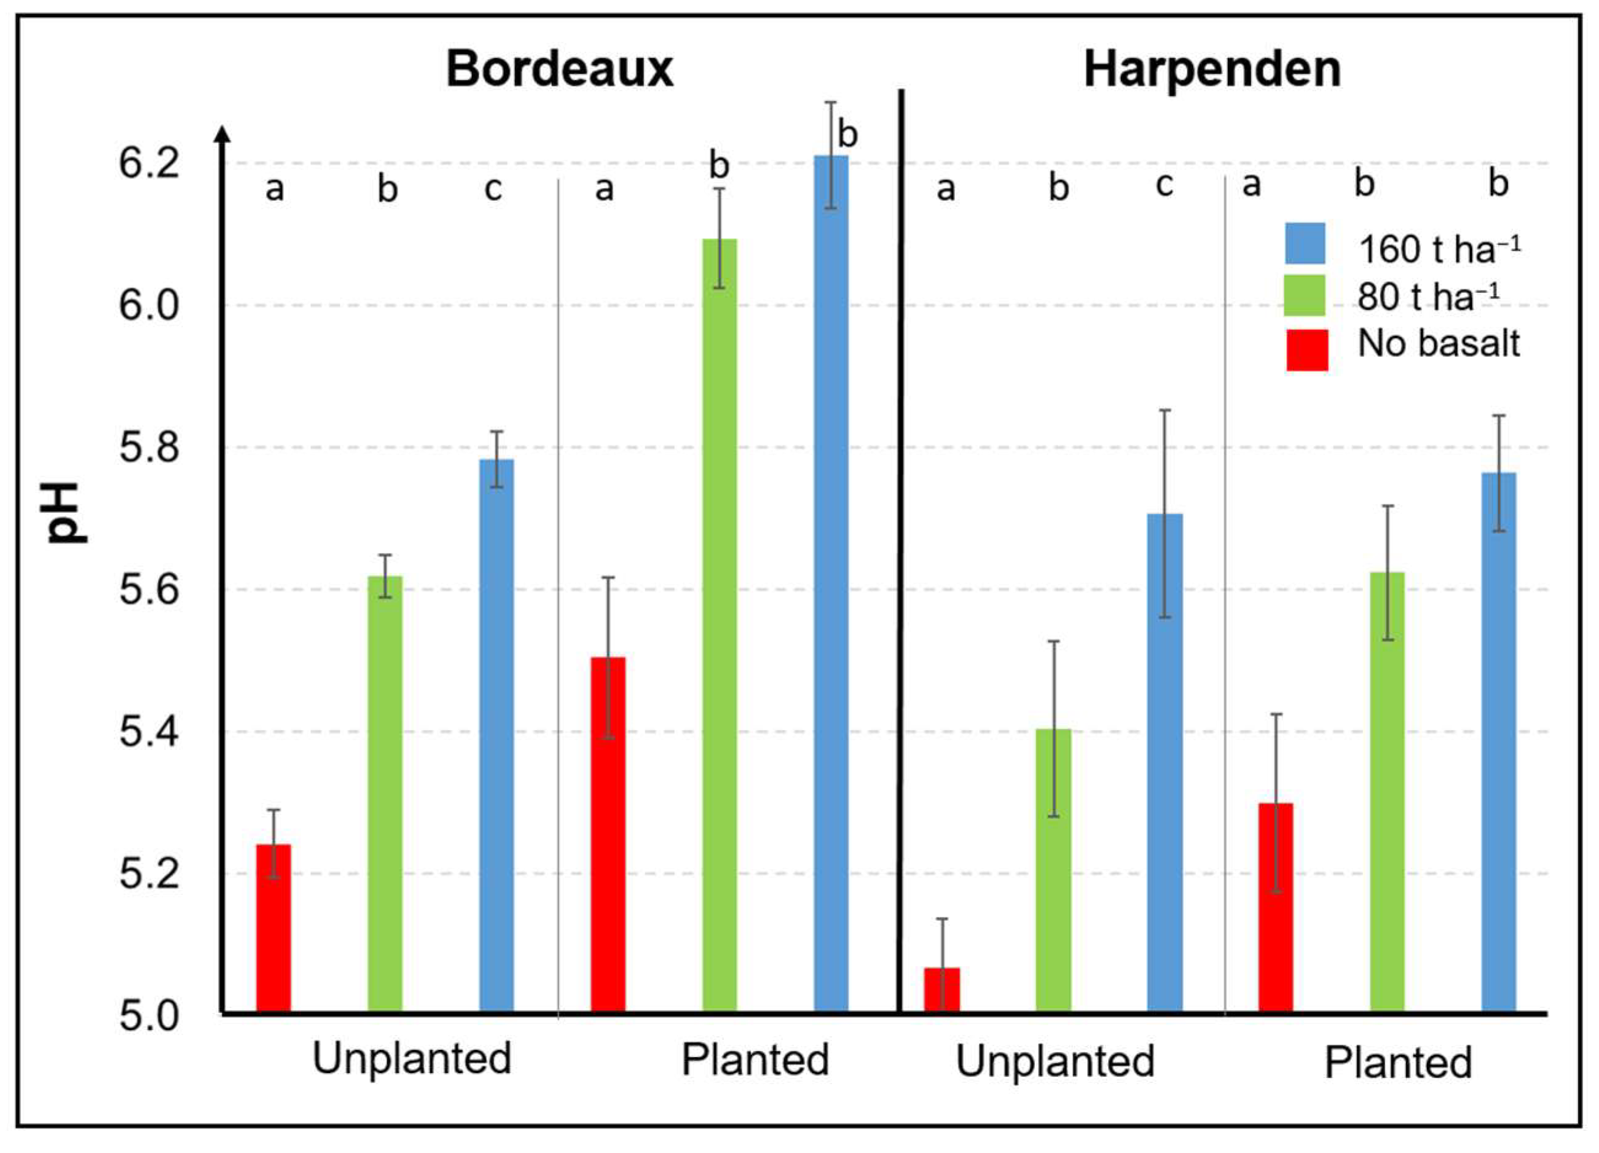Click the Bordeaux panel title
(559, 69)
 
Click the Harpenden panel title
(1211, 69)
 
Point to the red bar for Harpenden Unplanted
(942, 990)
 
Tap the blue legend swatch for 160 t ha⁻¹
(1305, 243)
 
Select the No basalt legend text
(1438, 345)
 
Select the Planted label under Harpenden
(1398, 1063)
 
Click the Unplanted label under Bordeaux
(412, 1058)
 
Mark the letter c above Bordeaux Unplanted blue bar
(493, 188)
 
